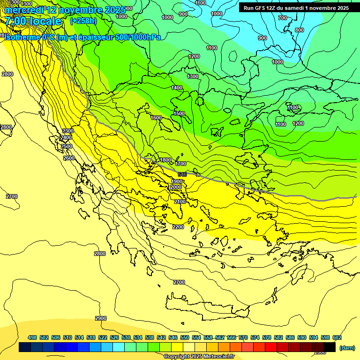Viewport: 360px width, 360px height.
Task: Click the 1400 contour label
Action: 177,88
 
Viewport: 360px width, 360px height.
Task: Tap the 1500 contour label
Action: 179,113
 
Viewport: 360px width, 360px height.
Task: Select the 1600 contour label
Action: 156,118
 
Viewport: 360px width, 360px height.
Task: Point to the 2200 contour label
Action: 178,227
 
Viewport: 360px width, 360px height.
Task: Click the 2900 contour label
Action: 101,318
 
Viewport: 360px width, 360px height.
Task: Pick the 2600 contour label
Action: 69,158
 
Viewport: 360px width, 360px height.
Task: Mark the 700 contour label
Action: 282,18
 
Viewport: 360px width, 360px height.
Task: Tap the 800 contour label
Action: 299,30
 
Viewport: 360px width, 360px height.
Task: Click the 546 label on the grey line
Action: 182,174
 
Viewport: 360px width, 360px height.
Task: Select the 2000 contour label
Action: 176,187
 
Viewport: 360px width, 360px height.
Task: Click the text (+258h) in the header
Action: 83,21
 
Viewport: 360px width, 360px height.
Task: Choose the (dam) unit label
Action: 347,347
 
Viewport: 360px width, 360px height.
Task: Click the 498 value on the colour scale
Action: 32,337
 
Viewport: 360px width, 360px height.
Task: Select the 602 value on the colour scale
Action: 337,337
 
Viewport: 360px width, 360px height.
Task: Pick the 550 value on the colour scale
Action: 185,337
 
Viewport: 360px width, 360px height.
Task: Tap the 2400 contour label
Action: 66,137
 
